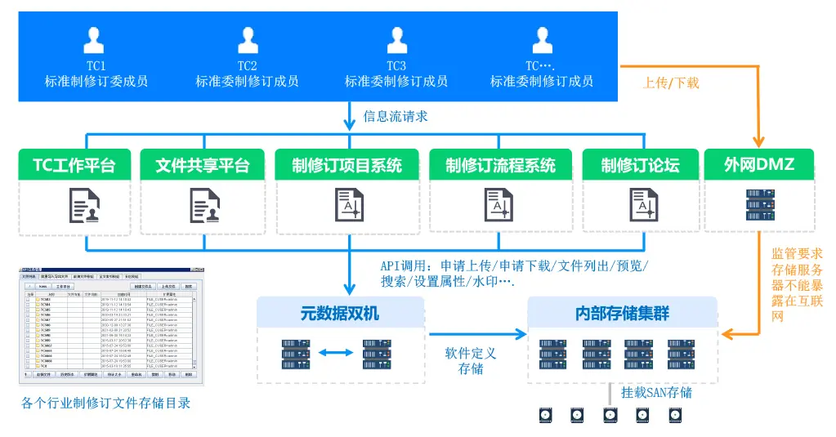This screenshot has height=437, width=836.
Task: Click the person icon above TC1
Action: click(96, 39)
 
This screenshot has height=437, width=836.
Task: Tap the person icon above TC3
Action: click(396, 39)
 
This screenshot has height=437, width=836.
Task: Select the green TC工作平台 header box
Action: click(74, 165)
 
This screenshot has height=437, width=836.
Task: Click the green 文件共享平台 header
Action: click(203, 165)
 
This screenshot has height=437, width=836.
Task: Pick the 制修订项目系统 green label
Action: click(347, 165)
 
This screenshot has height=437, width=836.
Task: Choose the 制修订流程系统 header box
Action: click(500, 165)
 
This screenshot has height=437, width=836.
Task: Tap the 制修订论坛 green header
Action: click(640, 165)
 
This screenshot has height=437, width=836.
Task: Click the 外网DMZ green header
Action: click(758, 165)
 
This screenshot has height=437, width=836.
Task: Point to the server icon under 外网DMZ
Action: click(758, 205)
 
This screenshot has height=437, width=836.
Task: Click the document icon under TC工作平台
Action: click(85, 205)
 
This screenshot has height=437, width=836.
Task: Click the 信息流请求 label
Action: click(396, 116)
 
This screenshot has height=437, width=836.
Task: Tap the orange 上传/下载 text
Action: click(671, 82)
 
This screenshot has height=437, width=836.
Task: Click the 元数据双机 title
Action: click(340, 313)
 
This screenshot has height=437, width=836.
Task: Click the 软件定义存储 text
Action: click(470, 361)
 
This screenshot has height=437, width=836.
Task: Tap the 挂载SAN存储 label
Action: click(656, 392)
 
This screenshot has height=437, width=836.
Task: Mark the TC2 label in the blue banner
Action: click(247, 65)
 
